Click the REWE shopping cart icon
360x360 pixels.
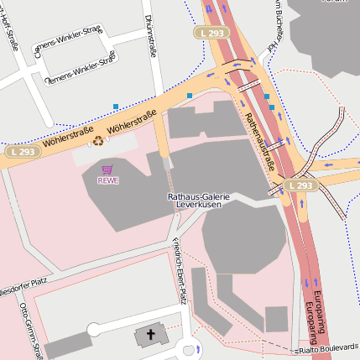[x=107, y=169]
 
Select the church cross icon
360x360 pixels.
[x=151, y=335]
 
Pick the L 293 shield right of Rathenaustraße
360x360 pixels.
[x=299, y=185]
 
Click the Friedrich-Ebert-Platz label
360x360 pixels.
[x=178, y=269]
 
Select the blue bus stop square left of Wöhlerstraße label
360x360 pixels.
[x=115, y=107]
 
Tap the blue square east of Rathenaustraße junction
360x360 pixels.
[x=267, y=97]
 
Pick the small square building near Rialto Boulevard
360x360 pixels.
[x=276, y=319]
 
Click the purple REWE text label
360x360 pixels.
[x=107, y=180]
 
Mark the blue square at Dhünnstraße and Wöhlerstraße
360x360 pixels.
[x=190, y=97]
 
